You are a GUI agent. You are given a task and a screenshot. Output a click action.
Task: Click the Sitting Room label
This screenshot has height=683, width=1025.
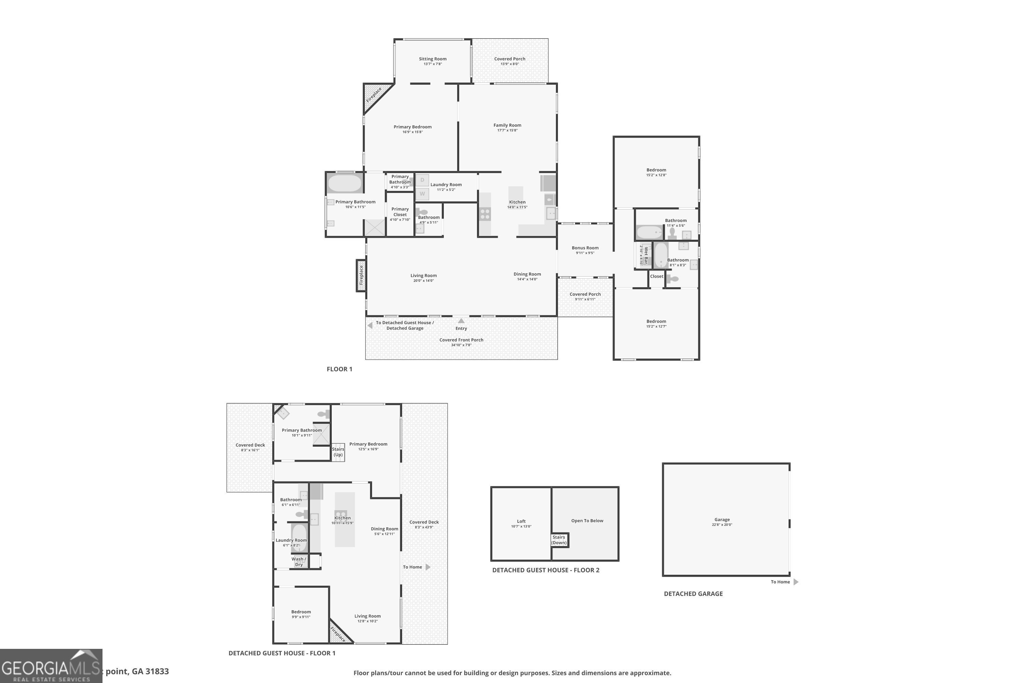point(432,59)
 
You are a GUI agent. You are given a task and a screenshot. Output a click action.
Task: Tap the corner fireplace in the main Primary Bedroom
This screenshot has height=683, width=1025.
point(373,95)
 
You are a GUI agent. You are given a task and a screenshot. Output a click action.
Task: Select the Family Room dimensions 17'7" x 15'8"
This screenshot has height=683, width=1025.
point(507,130)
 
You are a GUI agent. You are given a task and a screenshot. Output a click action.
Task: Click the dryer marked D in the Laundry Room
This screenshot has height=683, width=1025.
point(422,180)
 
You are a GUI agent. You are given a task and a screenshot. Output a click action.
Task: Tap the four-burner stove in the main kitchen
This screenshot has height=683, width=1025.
point(484,214)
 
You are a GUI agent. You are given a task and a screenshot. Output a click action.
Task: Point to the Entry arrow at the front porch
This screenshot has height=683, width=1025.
point(461,321)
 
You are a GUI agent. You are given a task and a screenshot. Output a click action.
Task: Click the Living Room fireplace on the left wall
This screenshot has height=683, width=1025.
point(361,275)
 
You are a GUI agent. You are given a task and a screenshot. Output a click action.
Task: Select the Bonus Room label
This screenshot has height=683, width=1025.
point(585,248)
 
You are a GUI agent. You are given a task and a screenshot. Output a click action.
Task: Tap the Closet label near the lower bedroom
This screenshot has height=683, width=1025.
point(656,276)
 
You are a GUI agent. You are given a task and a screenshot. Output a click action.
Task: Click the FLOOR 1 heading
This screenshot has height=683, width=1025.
point(339,369)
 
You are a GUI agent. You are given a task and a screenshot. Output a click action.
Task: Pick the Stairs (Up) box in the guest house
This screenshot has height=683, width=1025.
point(338,452)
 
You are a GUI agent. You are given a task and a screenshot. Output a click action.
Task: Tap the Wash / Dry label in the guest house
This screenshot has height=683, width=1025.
point(299,561)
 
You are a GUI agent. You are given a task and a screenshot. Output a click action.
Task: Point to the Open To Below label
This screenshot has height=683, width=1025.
point(587,520)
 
